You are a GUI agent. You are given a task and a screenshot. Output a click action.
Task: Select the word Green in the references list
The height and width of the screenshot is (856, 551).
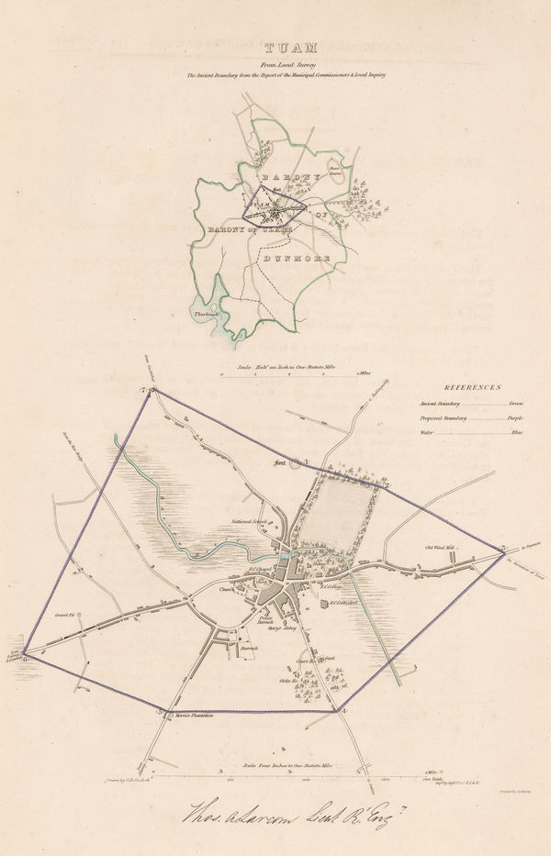click(514, 403)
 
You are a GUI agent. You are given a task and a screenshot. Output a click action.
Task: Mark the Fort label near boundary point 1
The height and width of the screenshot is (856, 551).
click(280, 464)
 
